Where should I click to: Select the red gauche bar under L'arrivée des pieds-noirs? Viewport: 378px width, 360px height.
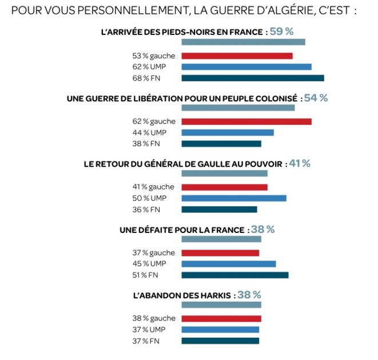point(237,56)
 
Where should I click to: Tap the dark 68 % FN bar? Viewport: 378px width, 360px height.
point(252,78)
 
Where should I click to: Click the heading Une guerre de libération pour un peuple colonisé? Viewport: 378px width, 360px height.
point(182,98)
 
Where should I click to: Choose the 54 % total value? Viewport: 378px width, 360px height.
point(316,98)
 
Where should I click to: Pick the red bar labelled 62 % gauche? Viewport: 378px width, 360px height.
point(246,121)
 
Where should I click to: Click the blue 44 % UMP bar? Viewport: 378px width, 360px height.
point(227,132)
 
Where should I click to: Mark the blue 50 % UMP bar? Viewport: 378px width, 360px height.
point(234,198)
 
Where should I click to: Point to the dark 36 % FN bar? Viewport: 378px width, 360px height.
point(219,209)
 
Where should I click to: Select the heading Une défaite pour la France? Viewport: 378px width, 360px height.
point(184,230)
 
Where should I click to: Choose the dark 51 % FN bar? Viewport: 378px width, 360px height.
point(234,275)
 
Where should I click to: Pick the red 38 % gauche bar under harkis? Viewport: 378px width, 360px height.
point(221,318)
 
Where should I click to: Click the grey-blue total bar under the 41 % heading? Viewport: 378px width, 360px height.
point(224,173)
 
